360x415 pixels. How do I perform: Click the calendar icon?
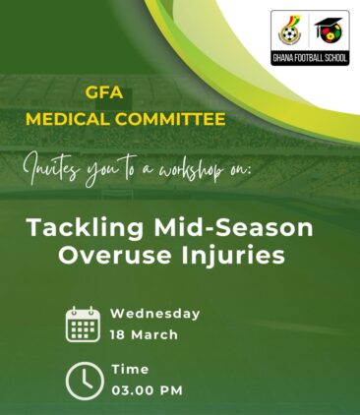(83, 324)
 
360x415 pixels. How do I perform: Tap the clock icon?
(83, 381)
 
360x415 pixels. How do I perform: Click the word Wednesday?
(154, 314)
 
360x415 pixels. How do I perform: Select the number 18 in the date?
(119, 334)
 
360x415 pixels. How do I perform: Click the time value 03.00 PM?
(147, 390)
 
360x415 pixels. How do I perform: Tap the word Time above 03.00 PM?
(130, 370)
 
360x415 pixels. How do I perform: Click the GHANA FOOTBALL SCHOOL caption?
(310, 58)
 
